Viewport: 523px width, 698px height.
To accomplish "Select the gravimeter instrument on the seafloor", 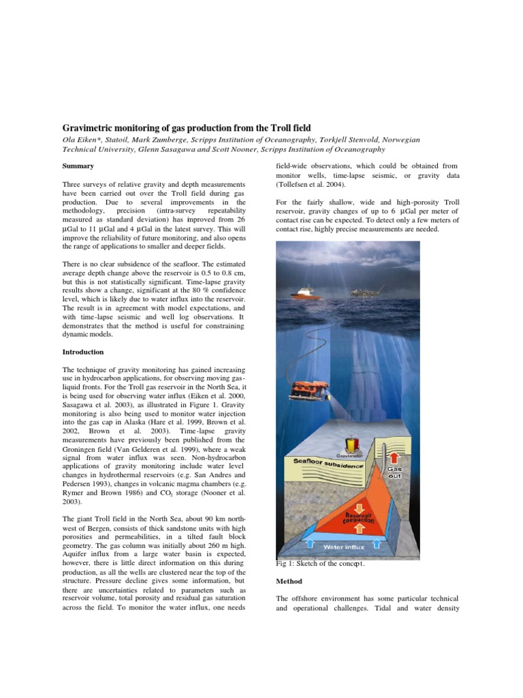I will tap(353, 442).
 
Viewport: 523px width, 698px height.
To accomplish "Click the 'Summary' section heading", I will tap(78, 166).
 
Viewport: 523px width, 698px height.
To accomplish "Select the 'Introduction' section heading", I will tap(83, 352).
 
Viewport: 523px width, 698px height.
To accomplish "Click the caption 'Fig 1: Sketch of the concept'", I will tap(320, 564).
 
